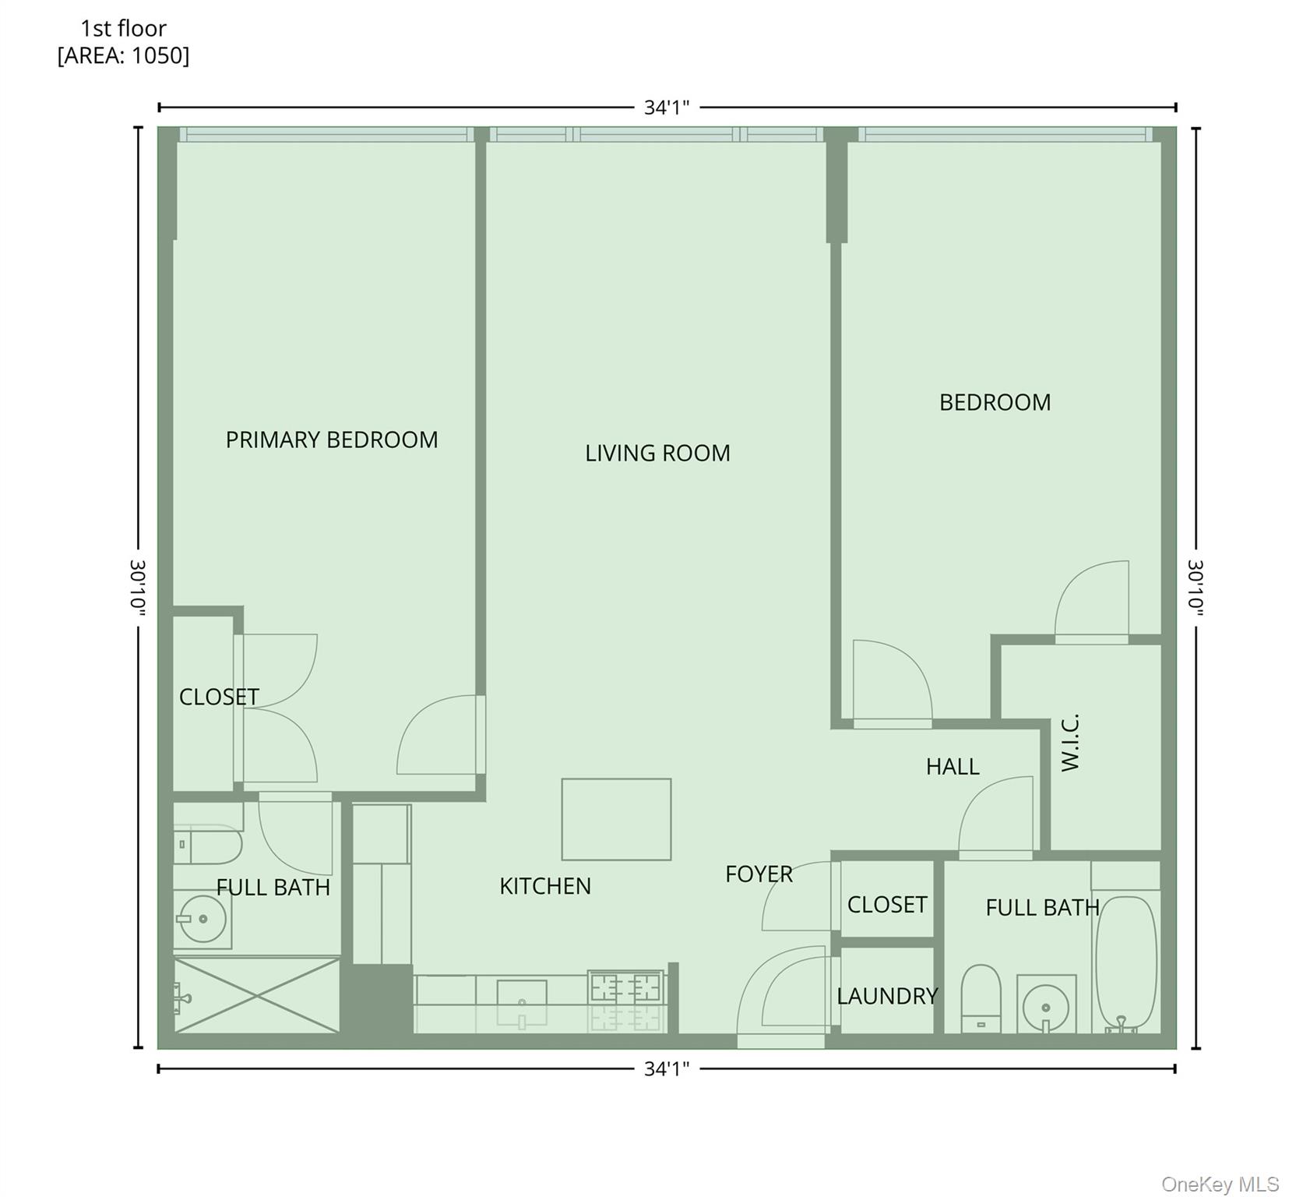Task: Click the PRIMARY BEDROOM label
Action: point(332,440)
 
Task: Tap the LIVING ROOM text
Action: point(657,453)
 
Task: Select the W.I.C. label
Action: point(1071,742)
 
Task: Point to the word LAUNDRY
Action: point(887,996)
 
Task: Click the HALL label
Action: point(952,767)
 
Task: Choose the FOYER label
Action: point(759,874)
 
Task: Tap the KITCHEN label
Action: point(545,886)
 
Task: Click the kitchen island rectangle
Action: point(616,819)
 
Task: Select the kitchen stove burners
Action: point(625,988)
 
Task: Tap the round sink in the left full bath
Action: point(203,919)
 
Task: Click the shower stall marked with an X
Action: point(256,996)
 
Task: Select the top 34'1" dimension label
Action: point(667,108)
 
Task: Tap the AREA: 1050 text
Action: point(123,56)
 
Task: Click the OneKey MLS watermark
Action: point(1220,1184)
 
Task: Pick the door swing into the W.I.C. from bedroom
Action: point(1091,600)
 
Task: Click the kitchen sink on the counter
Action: point(522,994)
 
